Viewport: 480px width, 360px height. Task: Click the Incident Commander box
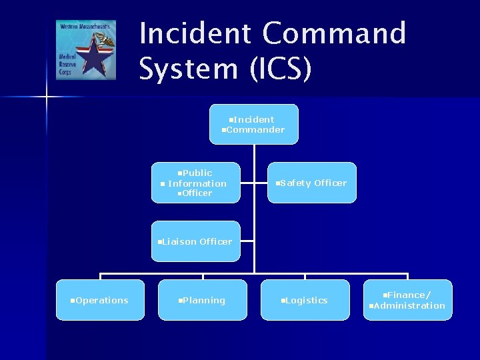254,124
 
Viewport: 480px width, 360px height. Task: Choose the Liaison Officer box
195,241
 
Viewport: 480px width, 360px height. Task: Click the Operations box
100,300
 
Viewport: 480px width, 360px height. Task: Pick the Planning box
203,300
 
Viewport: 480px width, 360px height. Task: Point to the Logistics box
305,300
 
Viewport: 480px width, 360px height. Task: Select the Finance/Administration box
408,300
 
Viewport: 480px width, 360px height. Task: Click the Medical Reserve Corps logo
85,50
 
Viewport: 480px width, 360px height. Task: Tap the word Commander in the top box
255,130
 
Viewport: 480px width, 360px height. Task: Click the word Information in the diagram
197,183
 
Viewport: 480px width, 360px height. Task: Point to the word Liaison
179,241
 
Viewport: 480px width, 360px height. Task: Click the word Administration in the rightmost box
409,306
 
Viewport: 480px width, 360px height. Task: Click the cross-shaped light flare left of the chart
47,97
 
